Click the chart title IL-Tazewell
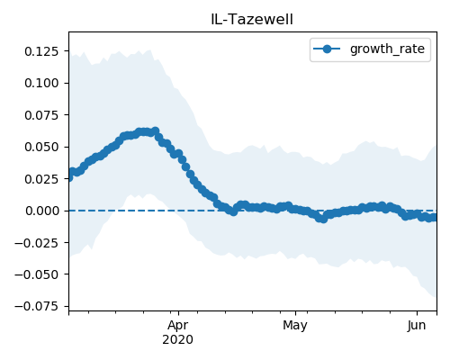[x=252, y=20]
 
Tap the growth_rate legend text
[x=387, y=49]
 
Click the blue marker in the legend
[x=327, y=49]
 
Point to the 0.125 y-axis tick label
[x=41, y=51]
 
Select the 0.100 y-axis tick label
[x=41, y=83]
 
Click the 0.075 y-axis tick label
[x=41, y=115]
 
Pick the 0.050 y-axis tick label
[x=41, y=147]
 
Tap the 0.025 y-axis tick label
[x=41, y=179]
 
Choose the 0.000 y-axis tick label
[x=42, y=211]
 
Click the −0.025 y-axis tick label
[x=37, y=243]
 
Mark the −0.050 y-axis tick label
[x=37, y=274]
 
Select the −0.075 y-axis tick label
[x=37, y=307]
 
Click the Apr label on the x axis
[x=178, y=326]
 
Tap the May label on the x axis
[x=295, y=326]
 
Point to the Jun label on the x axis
[x=417, y=326]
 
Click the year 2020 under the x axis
[x=177, y=340]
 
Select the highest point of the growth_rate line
[x=156, y=131]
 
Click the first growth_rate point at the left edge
[x=69, y=177]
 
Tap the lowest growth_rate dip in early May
[x=323, y=220]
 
